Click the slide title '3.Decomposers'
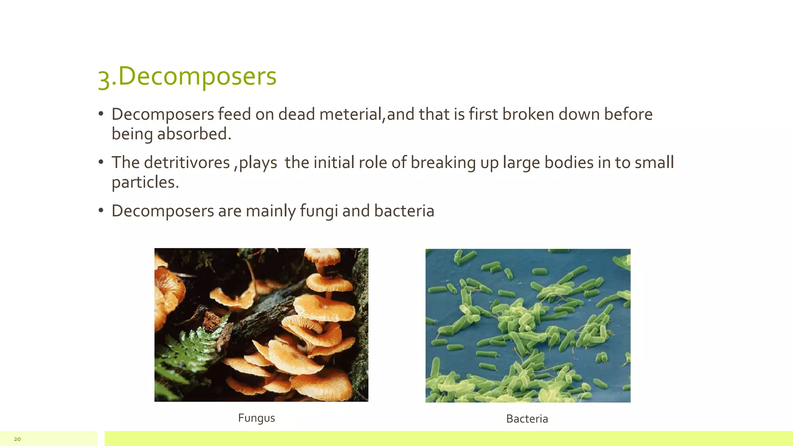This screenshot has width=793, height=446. (187, 77)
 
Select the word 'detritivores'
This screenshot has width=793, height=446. (187, 163)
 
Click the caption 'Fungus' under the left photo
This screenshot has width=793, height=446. (256, 418)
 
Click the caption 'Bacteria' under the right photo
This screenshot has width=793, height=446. (527, 419)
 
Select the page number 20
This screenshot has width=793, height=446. (17, 439)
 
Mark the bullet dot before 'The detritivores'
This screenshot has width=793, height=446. (101, 162)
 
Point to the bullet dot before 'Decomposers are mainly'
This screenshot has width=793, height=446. (101, 210)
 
